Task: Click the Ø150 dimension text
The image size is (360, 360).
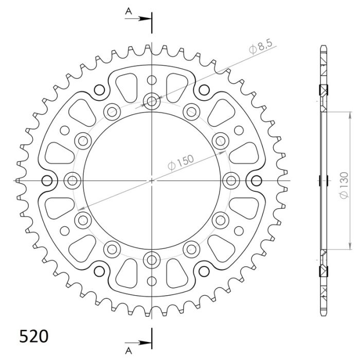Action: pos(181,164)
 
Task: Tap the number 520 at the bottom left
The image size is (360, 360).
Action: pos(34,337)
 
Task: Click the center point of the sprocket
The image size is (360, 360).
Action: pos(152,181)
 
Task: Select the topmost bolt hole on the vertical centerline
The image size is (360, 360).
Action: pos(152,101)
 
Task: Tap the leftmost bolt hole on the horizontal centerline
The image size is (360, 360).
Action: pos(73,180)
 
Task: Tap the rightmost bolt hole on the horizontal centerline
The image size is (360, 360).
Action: pos(231,180)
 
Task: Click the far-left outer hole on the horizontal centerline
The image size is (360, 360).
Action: pos(48,180)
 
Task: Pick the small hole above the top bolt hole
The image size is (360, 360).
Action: pos(152,80)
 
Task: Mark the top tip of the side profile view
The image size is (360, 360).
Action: pos(322,47)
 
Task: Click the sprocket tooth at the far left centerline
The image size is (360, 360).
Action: pos(19,181)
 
